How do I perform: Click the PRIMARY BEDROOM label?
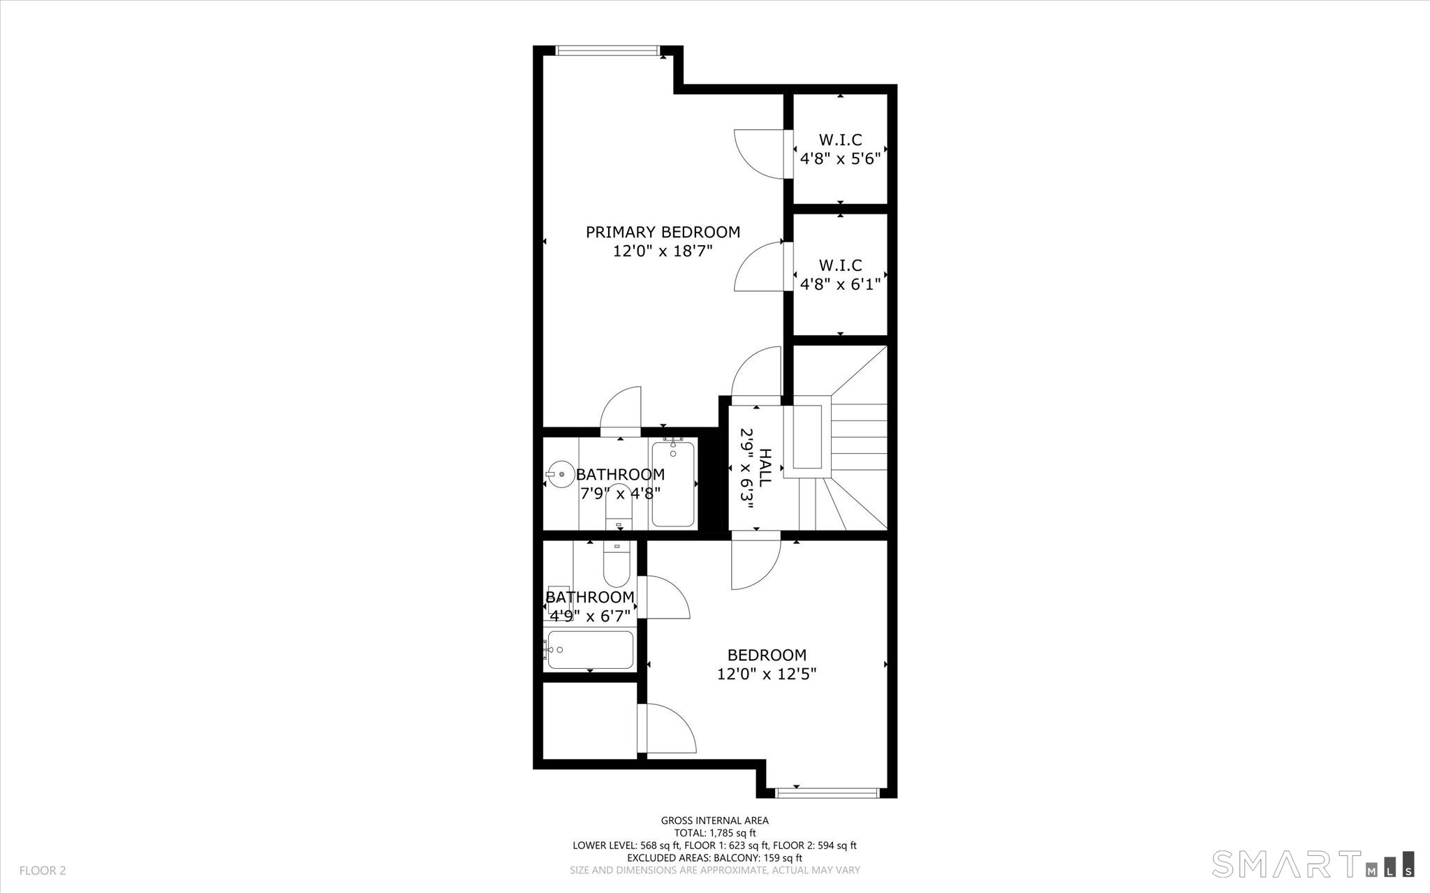(663, 232)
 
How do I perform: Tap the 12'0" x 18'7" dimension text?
(663, 251)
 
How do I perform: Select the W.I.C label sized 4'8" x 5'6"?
(840, 140)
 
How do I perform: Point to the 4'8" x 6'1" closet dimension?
(840, 284)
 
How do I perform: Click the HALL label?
(765, 468)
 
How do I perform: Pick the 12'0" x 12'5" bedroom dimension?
(767, 674)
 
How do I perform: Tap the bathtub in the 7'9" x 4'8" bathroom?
(673, 483)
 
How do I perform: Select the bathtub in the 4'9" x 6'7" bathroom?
(590, 650)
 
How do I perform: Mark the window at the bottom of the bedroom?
(827, 792)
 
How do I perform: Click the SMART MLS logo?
(1313, 863)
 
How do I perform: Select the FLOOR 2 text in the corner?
(43, 871)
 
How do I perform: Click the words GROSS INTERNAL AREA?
(715, 820)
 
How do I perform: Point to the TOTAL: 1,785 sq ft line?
(715, 833)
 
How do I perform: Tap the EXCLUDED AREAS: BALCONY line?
(715, 858)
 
